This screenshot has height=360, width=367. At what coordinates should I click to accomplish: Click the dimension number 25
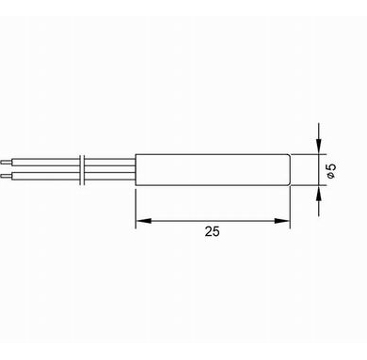click(213, 231)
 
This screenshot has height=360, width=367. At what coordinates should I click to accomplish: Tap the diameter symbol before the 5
click(330, 176)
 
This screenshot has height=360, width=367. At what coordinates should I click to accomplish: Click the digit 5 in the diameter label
click(331, 167)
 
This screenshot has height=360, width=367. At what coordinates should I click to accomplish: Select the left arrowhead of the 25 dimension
click(143, 221)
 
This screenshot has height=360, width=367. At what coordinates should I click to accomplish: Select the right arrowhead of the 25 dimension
click(281, 221)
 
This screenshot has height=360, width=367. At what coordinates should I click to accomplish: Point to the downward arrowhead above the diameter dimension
click(319, 147)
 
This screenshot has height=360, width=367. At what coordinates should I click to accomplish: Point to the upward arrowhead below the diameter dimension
click(319, 193)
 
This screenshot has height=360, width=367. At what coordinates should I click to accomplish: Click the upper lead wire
click(73, 163)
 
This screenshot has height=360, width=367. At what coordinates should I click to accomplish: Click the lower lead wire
click(73, 176)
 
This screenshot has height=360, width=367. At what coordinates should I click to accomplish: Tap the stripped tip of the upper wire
click(7, 163)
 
